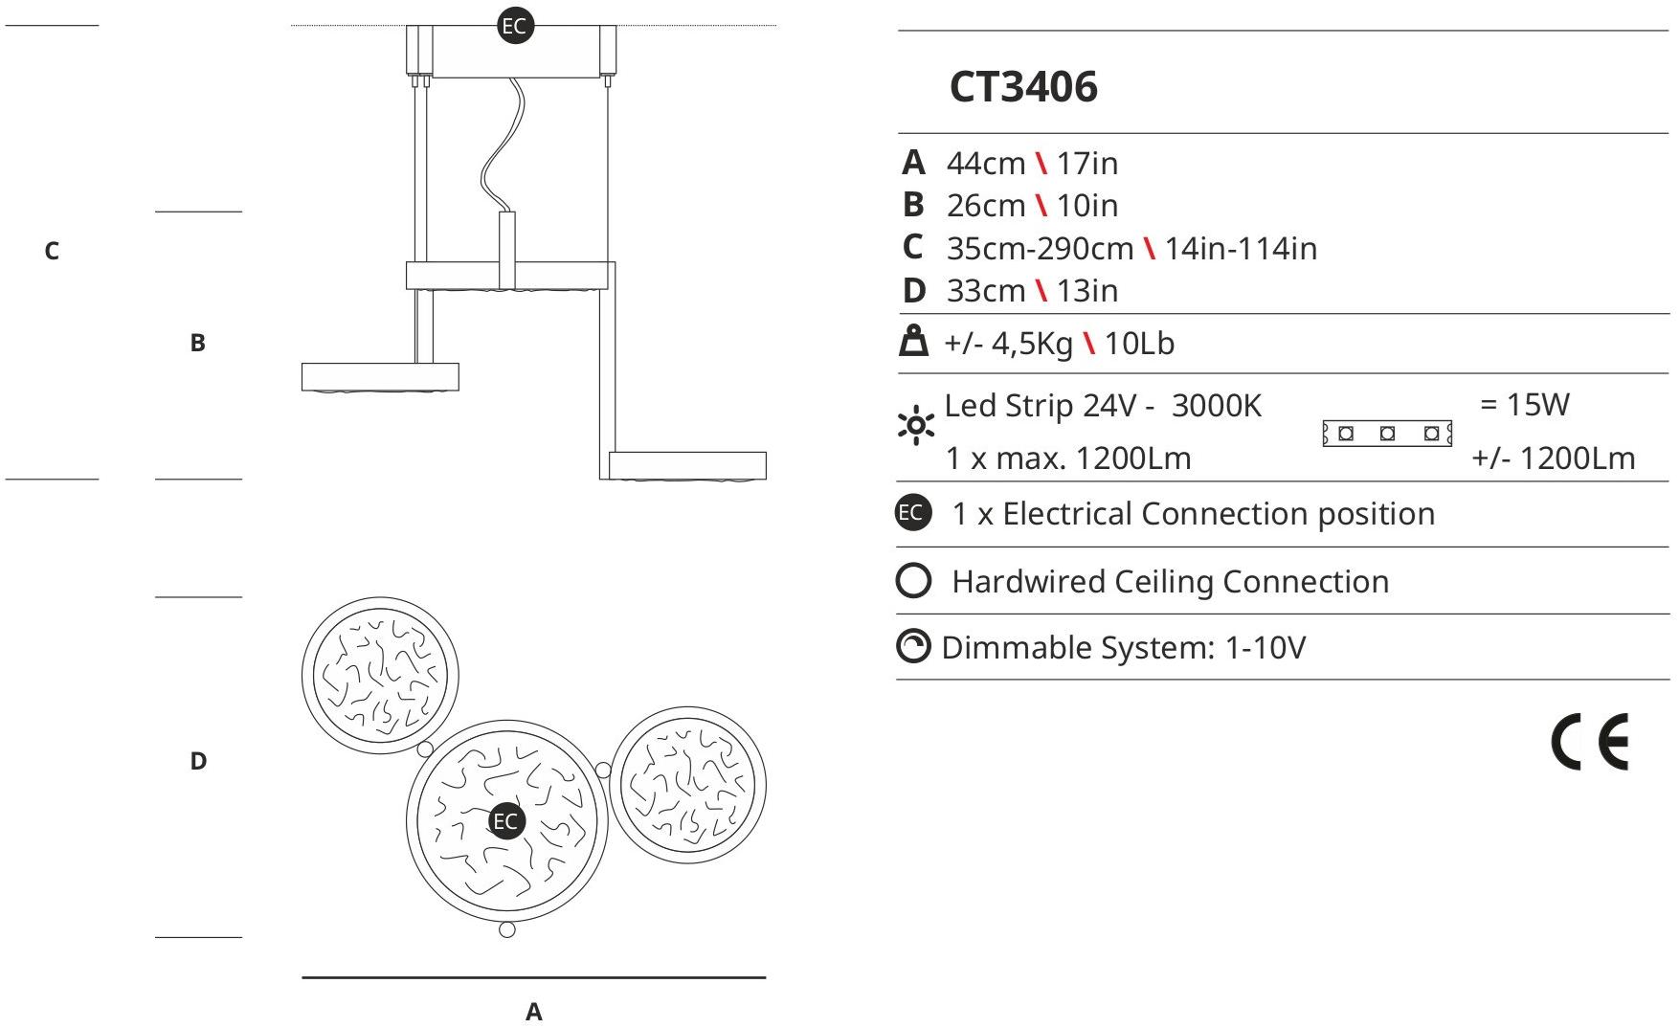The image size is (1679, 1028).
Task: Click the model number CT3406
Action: pos(1022,86)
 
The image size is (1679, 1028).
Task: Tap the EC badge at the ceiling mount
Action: pos(515,26)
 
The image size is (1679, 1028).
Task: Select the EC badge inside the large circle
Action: pos(505,820)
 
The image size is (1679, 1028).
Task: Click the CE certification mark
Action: pos(1589,742)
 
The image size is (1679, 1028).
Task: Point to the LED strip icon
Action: pos(1387,434)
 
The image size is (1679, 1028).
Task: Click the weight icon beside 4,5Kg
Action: pos(914,342)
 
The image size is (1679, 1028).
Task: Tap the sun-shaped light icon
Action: pos(916,425)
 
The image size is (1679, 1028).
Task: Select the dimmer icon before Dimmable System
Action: pos(913,647)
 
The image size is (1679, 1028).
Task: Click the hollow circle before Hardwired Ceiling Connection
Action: pos(913,581)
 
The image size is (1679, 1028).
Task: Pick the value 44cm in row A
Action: pos(985,164)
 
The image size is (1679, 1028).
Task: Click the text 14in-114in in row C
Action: pos(1241,249)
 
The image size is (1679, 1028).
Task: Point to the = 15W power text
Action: pos(1524,404)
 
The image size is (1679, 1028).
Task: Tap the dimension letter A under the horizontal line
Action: pos(534,1012)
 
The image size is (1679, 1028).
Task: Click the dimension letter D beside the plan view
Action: pos(198,761)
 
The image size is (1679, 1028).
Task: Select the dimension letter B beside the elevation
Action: pos(197,343)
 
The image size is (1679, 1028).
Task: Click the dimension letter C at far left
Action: pos(52,251)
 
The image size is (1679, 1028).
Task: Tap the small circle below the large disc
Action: pos(507,929)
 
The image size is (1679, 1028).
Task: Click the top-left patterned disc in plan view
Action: pos(380,674)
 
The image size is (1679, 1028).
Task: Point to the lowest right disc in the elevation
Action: pos(687,465)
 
